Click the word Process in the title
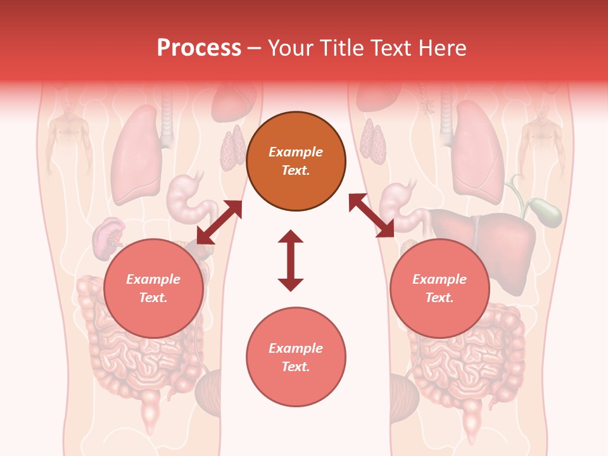point(199,48)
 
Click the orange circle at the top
point(296,161)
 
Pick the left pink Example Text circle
point(153,288)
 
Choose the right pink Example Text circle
point(440,288)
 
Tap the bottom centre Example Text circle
point(296,357)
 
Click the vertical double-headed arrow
point(291,260)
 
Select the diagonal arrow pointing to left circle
point(219,222)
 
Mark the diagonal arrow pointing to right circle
point(372,215)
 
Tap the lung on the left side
point(134,155)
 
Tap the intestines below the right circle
point(469,361)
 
